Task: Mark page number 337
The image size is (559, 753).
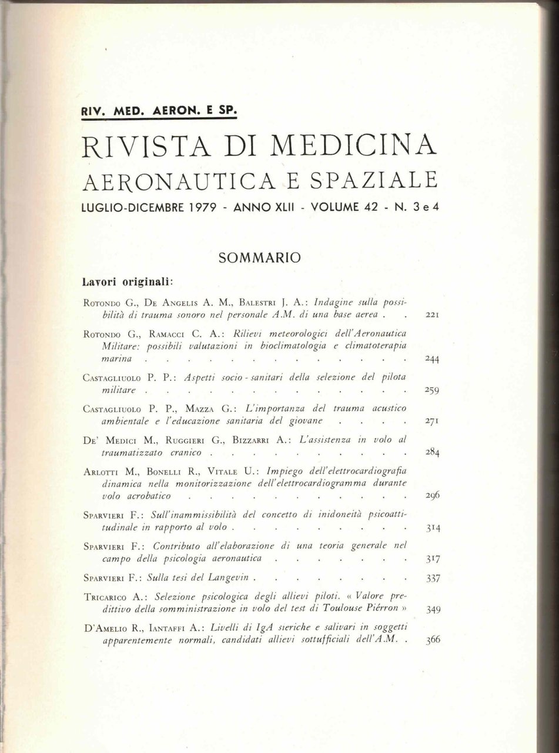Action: tap(432, 578)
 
